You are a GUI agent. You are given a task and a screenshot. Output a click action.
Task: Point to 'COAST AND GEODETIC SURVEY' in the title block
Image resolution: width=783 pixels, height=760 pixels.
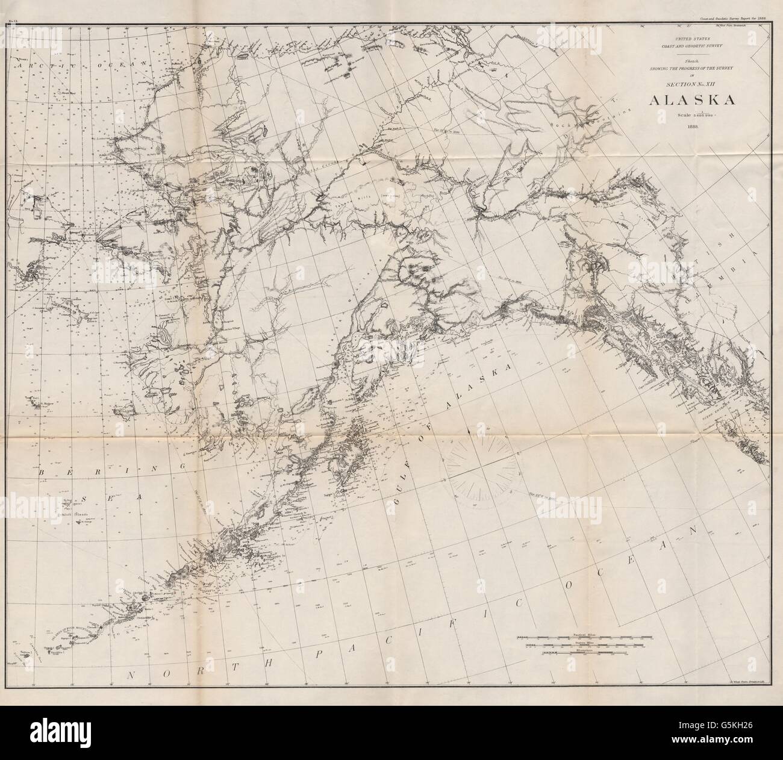[682, 46]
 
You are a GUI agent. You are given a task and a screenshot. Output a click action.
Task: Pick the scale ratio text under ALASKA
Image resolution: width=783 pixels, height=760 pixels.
[682, 114]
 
